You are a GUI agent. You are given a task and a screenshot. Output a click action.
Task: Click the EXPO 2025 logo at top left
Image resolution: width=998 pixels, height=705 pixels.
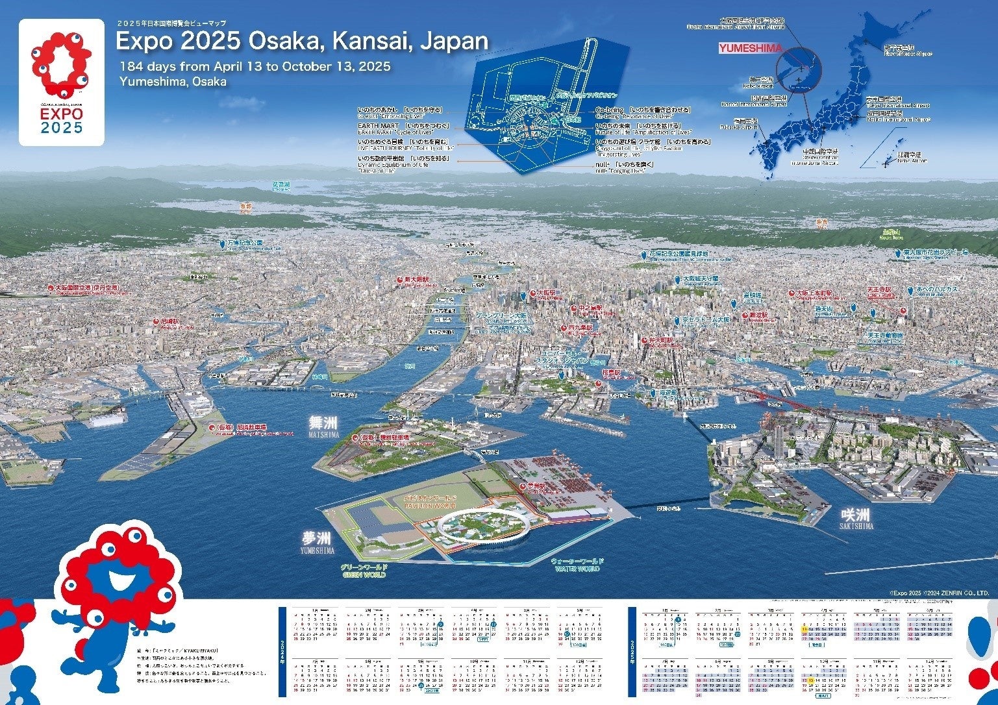click(x=62, y=82)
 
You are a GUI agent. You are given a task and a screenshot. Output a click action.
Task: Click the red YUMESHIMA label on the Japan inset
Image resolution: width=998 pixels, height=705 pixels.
click(x=750, y=48)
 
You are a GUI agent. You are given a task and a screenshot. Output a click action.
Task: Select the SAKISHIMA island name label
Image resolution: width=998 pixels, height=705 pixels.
click(x=855, y=518)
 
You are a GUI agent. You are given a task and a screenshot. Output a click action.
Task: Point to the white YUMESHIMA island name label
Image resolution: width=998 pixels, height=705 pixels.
click(x=317, y=541)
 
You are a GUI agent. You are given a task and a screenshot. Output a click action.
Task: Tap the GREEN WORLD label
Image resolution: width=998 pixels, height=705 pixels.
click(x=364, y=571)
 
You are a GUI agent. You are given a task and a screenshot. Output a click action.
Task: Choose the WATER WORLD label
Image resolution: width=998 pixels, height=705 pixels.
click(x=577, y=565)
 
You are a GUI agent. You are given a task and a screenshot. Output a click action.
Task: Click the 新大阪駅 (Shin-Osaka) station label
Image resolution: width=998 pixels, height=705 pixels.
click(x=416, y=280)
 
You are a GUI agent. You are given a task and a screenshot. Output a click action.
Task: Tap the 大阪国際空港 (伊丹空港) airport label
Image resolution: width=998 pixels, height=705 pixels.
click(x=87, y=288)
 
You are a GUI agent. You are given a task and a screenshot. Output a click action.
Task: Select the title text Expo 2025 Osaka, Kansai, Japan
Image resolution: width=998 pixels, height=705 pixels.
click(x=302, y=42)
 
